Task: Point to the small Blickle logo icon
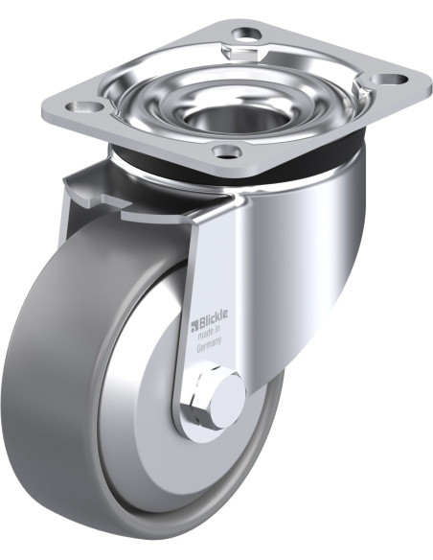pos(194,325)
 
